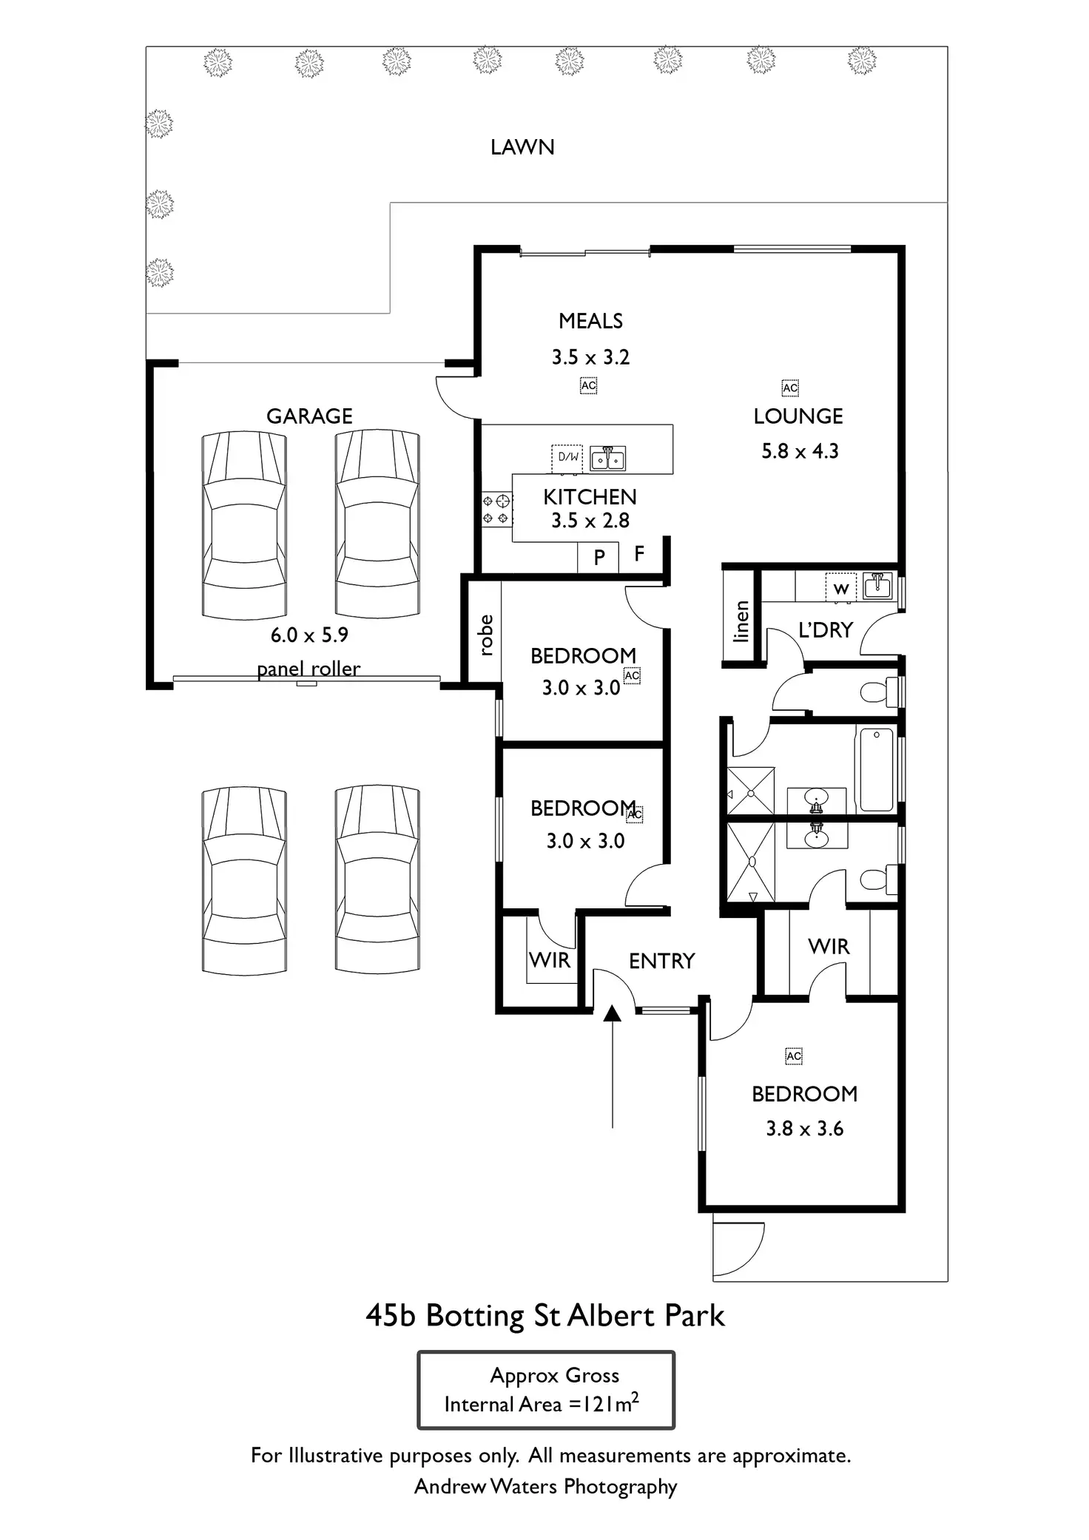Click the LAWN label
point(522,147)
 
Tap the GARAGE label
point(309,416)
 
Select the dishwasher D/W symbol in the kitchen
point(567,458)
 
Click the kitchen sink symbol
point(607,459)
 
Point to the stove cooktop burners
point(496,510)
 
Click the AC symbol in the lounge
point(790,388)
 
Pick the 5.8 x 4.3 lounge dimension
point(800,451)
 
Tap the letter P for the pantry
point(599,557)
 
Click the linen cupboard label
point(741,621)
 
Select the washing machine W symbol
point(841,588)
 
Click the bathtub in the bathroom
point(877,769)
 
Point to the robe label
point(485,635)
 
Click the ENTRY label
point(662,961)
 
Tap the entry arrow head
point(612,1013)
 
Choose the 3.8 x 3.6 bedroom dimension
point(804,1129)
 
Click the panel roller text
point(309,669)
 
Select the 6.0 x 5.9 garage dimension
point(309,635)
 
